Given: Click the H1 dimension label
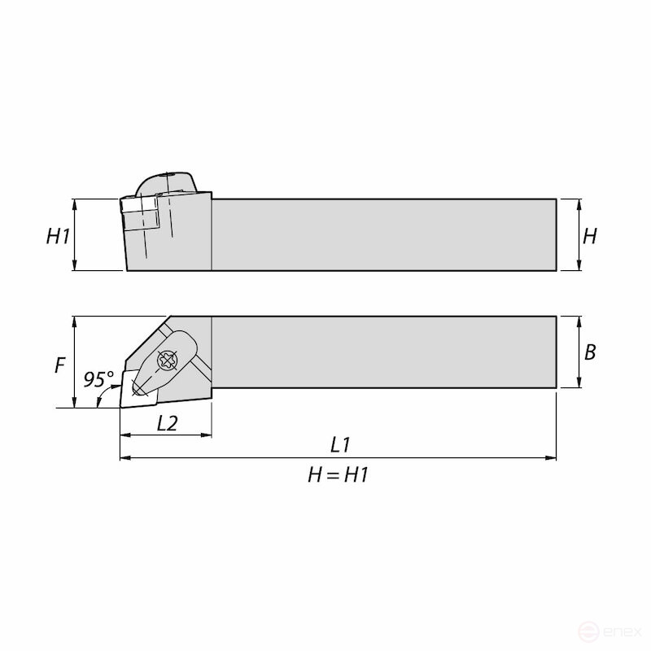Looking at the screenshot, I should tap(57, 236).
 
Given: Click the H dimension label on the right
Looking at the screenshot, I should tap(590, 236).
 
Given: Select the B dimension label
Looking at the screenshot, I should tap(590, 352).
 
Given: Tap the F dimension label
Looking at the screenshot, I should tap(59, 365).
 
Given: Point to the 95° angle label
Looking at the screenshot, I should tap(98, 379).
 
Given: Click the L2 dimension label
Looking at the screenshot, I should tap(168, 422).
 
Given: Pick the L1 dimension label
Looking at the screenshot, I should tap(340, 444).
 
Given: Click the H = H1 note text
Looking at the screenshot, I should tap(338, 475).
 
